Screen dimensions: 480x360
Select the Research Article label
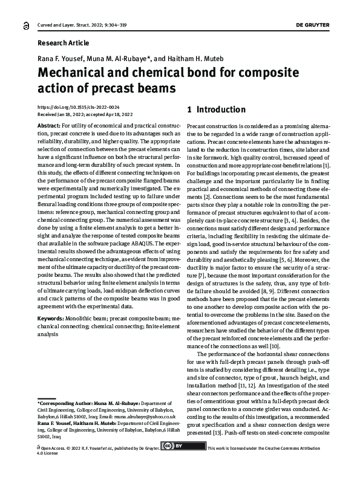coord(63,43)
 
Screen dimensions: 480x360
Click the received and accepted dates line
coord(85,113)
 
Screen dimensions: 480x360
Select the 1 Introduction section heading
coord(216,110)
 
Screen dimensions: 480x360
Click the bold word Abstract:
coord(49,124)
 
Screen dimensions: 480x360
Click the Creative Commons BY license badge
coord(183,447)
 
